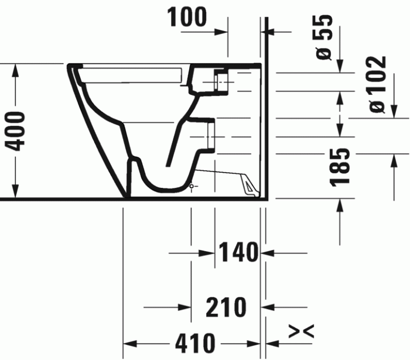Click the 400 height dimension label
point(16,131)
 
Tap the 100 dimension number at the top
point(187,17)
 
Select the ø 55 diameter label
point(324,37)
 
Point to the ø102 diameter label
point(377,85)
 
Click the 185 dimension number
point(340,167)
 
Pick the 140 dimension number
point(238,252)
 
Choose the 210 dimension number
point(226,307)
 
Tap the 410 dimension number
point(195,343)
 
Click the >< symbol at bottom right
point(301,331)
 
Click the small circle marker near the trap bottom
point(192,186)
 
